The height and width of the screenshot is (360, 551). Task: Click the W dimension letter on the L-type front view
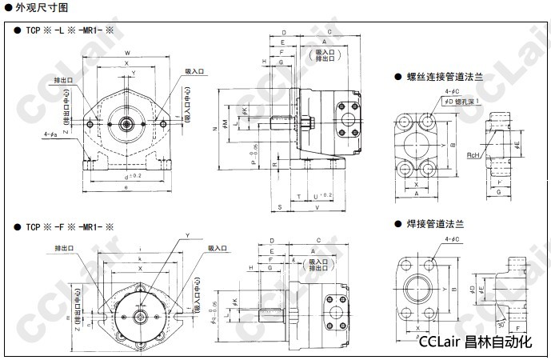tap(127, 54)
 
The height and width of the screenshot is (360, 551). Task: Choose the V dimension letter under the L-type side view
tap(317, 207)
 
